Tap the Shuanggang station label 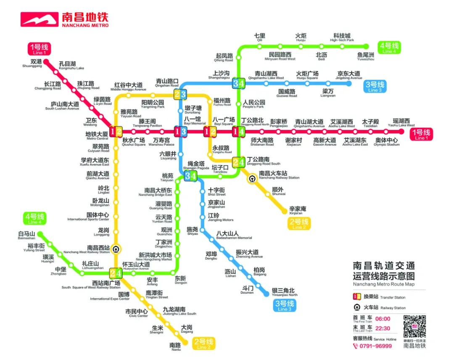[x=33, y=64]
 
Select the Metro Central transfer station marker [x=116, y=132]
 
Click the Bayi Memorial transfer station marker [x=180, y=132]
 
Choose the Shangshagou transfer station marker [x=238, y=83]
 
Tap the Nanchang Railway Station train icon [x=251, y=178]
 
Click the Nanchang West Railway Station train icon [x=116, y=249]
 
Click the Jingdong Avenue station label [x=348, y=75]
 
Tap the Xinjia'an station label [x=297, y=211]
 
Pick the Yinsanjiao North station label [x=284, y=292]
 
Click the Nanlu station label [x=175, y=347]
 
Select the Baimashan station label [x=26, y=236]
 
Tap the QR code [x=414, y=326]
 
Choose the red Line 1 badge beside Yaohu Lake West [x=420, y=134]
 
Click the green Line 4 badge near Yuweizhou [x=389, y=48]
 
